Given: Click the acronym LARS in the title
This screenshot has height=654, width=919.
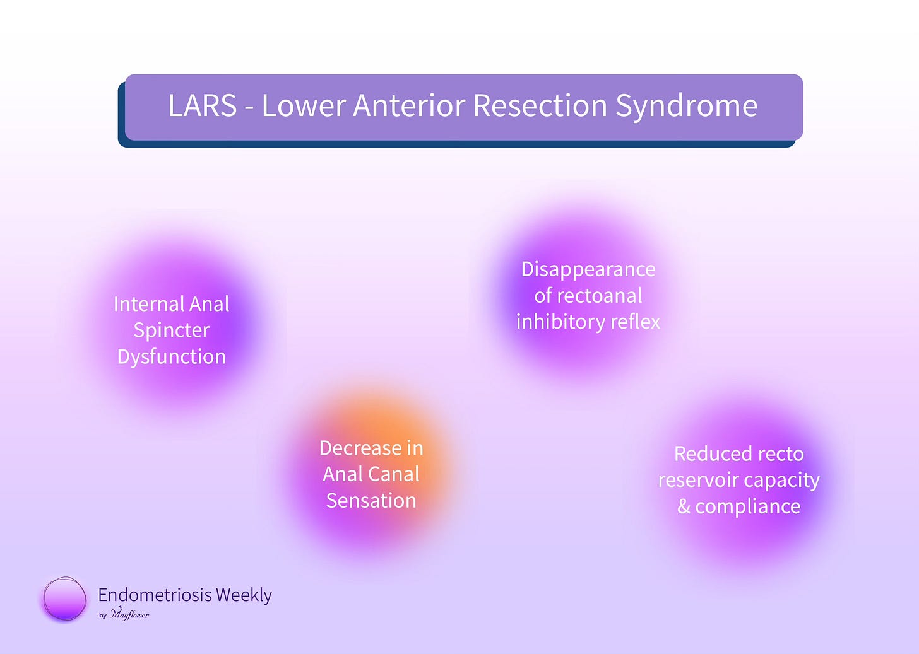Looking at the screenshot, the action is coord(202,105).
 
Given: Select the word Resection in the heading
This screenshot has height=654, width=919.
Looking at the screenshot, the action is coord(540,105).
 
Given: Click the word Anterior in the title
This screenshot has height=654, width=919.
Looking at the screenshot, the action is coord(409,105).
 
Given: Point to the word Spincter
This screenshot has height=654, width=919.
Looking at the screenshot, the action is coord(172,330).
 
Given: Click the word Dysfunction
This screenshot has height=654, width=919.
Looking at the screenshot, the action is coord(172,356).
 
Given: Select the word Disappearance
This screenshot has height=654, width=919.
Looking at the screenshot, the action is coord(588,270).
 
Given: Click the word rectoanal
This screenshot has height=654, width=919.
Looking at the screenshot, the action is coord(601,296).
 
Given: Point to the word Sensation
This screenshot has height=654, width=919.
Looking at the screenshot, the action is coord(371,501).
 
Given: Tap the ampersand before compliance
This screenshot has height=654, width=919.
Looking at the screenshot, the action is coord(684,506).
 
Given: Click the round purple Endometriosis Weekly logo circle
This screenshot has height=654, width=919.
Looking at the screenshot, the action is coord(64,599).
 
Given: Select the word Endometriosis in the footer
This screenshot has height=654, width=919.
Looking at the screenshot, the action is coord(155,595).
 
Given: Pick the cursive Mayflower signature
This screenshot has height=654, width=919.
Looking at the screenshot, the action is coord(129,614).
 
